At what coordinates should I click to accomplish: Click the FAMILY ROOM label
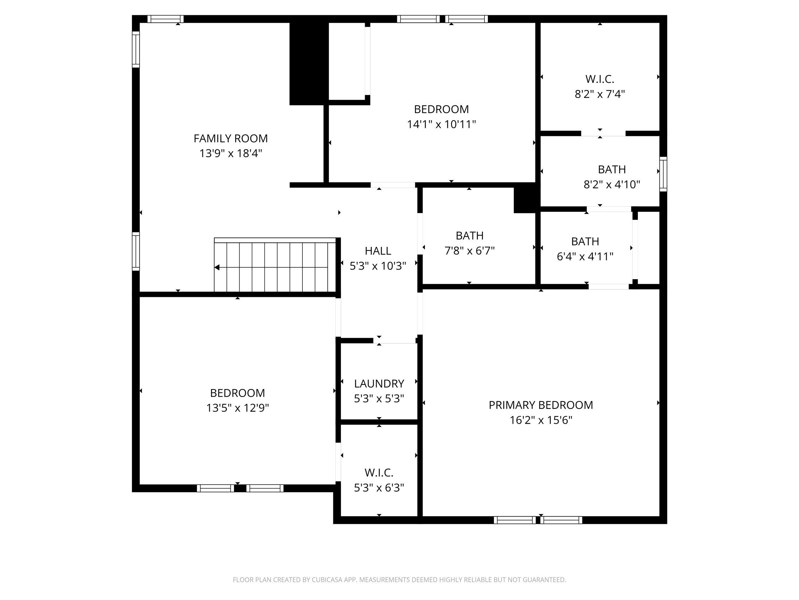pos(231,138)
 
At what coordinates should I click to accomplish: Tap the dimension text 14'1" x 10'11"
pos(441,124)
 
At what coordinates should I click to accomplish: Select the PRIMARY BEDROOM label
pos(540,405)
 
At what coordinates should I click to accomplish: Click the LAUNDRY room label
pos(378,383)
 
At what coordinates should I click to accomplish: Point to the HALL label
pos(377,251)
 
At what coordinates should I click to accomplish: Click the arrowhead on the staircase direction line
pos(217,267)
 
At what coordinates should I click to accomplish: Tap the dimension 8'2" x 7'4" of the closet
pos(600,94)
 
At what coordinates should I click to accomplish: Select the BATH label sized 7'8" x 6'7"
pos(469,236)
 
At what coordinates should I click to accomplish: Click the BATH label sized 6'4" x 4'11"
pos(585,241)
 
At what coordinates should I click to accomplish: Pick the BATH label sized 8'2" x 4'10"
pos(611,169)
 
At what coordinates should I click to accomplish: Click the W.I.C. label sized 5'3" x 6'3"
pos(378,472)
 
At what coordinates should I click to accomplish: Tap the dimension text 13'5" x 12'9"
pos(237,408)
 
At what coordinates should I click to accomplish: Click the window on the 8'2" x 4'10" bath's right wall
pos(663,174)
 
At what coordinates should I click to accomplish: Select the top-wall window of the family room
pos(165,19)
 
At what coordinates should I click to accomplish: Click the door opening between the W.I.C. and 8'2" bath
pos(603,133)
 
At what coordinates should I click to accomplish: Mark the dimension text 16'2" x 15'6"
pos(540,420)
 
